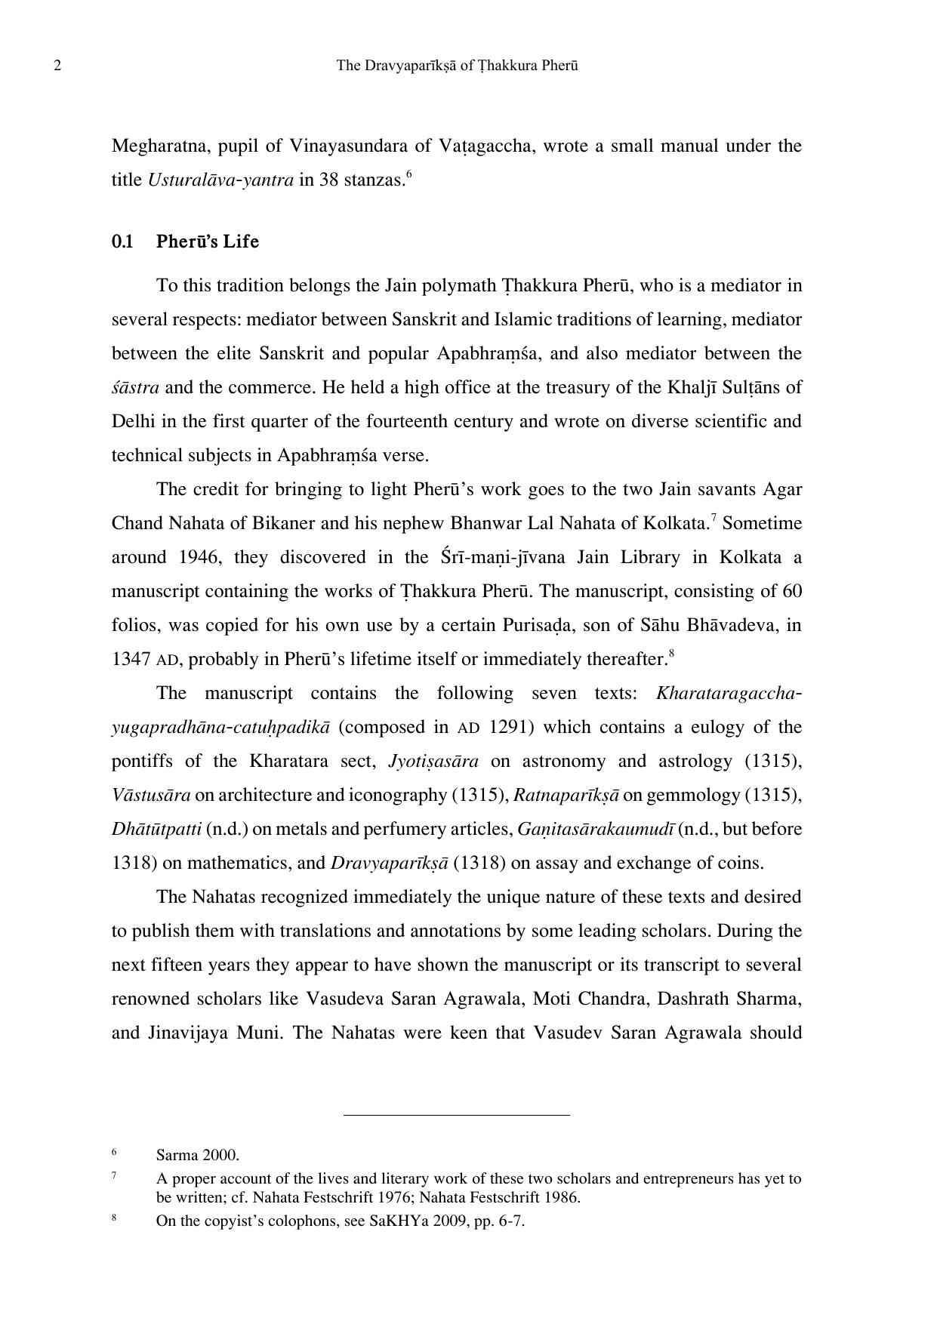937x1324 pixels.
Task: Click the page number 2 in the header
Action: point(57,66)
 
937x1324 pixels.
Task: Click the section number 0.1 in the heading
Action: point(122,242)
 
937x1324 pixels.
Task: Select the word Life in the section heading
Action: point(241,242)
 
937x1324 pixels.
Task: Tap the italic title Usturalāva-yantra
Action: point(220,180)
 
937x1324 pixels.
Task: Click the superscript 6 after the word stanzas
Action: point(409,175)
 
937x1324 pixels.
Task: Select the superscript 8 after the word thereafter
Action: point(671,654)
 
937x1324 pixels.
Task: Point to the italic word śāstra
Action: point(135,387)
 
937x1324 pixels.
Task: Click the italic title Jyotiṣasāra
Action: point(433,761)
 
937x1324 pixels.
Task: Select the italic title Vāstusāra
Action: point(151,795)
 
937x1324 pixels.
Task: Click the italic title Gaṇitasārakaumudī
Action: point(596,829)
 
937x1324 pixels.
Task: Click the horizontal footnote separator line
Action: point(456,1114)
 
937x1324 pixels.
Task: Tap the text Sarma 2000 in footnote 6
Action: point(196,1155)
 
